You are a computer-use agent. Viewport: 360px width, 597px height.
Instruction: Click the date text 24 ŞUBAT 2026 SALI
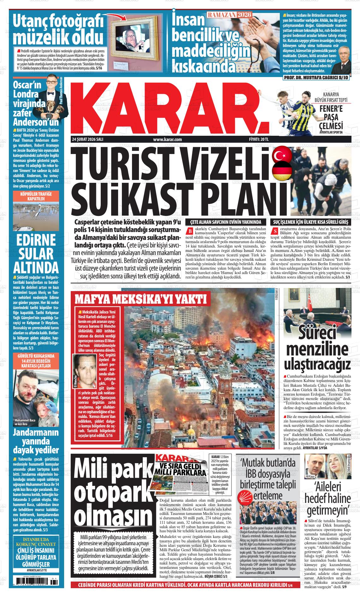[88, 139]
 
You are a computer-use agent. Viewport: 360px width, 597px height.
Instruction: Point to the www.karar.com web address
[167, 139]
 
